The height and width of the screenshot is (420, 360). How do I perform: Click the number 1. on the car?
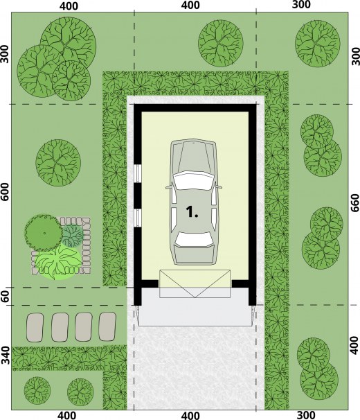tap(192, 211)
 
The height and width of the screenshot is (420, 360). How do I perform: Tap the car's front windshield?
tap(193, 181)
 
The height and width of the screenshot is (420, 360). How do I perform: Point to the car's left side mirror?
tap(168, 187)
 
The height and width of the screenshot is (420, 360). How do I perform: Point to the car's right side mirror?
tap(219, 186)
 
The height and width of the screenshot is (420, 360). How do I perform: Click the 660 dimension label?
tap(354, 203)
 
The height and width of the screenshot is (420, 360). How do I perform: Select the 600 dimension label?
tap(5, 192)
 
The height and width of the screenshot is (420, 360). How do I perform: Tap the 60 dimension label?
tap(5, 296)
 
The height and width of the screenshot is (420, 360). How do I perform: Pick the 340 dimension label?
tap(5, 356)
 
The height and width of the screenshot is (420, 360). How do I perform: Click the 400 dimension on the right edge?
tap(354, 346)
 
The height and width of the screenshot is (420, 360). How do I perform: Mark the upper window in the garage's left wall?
tap(138, 173)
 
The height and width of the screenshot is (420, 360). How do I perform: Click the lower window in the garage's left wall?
tap(138, 218)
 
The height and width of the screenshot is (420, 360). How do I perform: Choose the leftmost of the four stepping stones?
tap(35, 327)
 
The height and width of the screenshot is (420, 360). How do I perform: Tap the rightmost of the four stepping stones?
tap(107, 327)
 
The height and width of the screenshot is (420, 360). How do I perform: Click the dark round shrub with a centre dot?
tap(43, 233)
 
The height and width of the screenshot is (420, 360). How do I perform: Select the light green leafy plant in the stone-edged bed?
tap(58, 263)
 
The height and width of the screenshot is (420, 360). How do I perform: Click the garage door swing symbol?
tap(195, 283)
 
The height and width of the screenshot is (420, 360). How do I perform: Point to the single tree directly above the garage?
tap(221, 43)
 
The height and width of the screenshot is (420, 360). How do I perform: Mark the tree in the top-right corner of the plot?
tap(318, 44)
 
